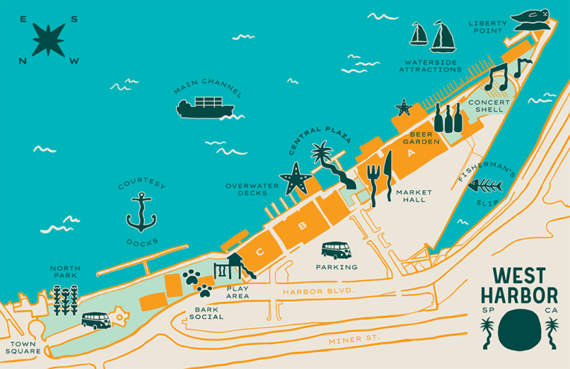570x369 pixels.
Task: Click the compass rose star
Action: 48,40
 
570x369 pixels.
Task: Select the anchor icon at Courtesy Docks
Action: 140,212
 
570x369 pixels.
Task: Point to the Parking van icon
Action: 336,250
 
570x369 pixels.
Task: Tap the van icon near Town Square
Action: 95,321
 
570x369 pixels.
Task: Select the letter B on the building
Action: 303,226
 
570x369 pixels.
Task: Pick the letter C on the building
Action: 259,252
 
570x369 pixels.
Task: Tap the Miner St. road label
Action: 354,340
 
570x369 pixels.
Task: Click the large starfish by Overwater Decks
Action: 295,179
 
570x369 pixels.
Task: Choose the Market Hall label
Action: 411,196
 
